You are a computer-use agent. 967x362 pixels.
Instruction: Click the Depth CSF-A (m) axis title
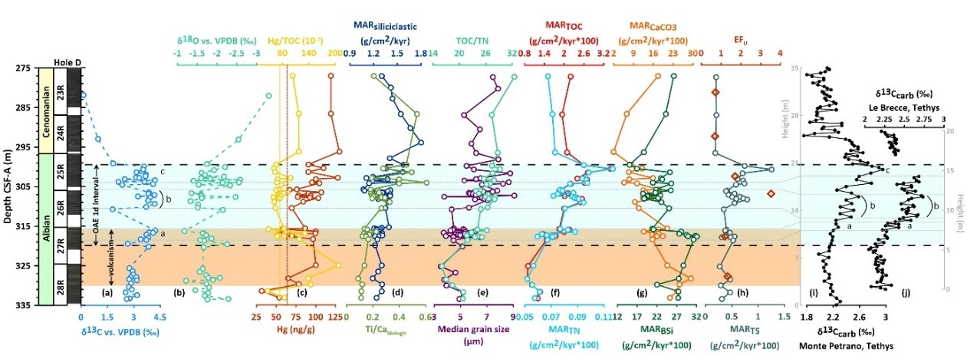[7, 186]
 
